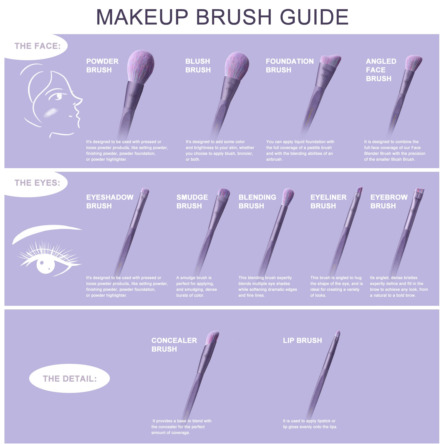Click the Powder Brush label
click(x=102, y=65)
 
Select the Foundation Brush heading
click(x=289, y=65)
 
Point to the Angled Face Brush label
click(x=381, y=70)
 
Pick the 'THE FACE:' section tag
click(x=37, y=46)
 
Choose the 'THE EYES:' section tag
click(x=37, y=183)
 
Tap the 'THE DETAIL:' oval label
click(x=70, y=379)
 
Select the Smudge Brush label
click(x=192, y=201)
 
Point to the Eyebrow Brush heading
click(x=389, y=201)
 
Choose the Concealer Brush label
click(x=174, y=345)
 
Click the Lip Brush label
click(x=302, y=340)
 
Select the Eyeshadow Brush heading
click(x=110, y=201)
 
